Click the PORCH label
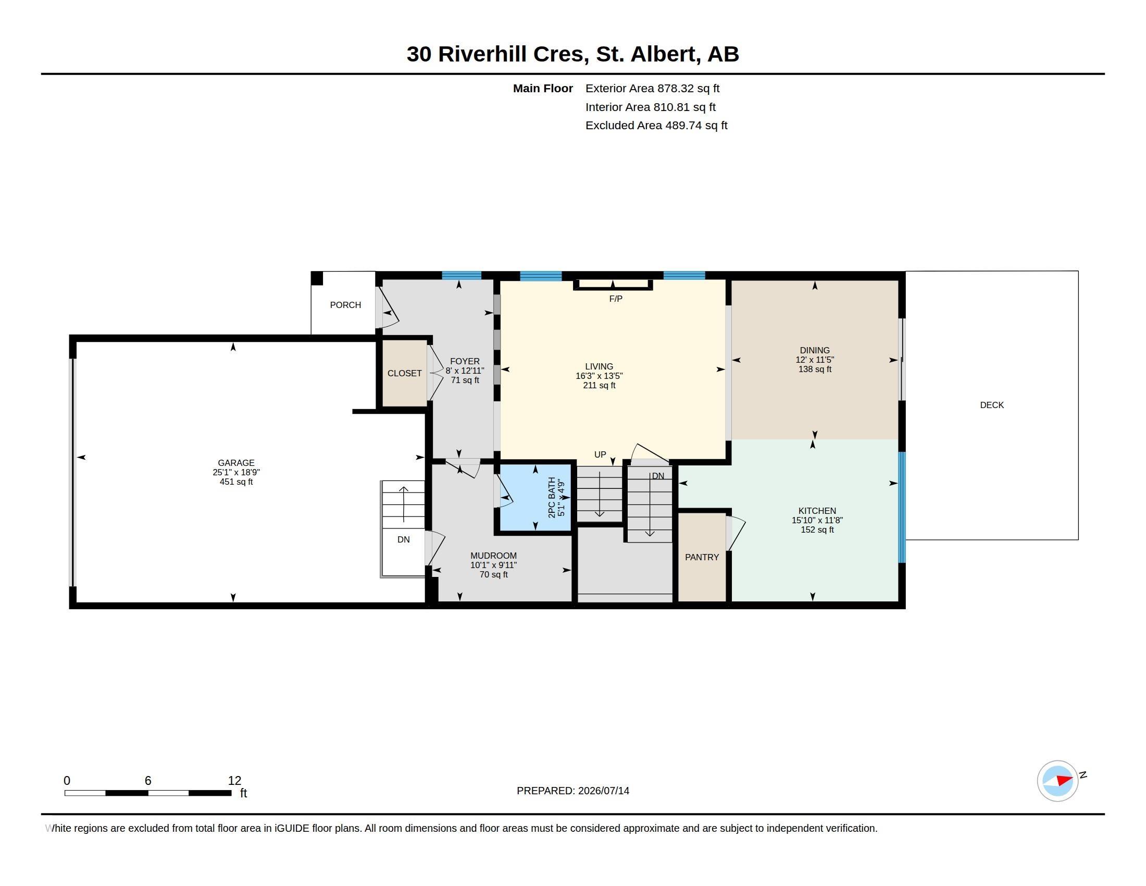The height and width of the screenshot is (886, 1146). (x=345, y=305)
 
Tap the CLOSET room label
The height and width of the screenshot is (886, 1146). (x=405, y=373)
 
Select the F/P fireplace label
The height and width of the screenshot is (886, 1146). (x=616, y=299)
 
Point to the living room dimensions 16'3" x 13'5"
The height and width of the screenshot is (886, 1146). (x=599, y=376)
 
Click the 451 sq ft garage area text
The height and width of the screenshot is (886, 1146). (x=236, y=482)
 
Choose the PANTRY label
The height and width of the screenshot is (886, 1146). (x=702, y=557)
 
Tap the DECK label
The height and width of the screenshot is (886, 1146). (x=992, y=404)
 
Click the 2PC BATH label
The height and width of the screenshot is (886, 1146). (x=552, y=498)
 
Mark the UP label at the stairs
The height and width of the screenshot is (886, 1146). (x=600, y=454)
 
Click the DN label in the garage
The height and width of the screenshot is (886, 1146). (x=404, y=539)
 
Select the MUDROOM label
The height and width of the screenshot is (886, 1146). (x=493, y=556)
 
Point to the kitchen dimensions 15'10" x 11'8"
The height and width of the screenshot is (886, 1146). (x=817, y=520)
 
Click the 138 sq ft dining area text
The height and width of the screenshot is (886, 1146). (x=815, y=369)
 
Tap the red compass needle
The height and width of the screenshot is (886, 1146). (x=1065, y=780)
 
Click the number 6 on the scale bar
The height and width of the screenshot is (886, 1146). (x=148, y=781)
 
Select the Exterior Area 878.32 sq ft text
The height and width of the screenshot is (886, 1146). (x=652, y=88)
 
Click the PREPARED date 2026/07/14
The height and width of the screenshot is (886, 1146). (x=603, y=791)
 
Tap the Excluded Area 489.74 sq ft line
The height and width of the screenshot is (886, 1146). (x=656, y=125)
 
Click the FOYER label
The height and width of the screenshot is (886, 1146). (x=464, y=361)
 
